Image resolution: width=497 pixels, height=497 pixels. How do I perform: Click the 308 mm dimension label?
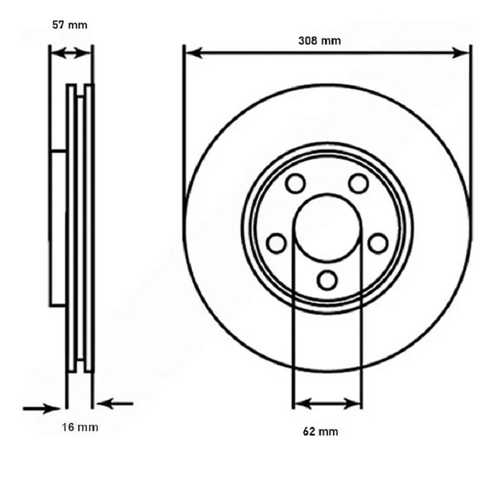pos(319,40)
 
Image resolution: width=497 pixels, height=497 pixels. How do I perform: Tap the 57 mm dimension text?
pos(70,25)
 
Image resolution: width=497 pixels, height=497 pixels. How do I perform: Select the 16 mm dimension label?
pos(80,427)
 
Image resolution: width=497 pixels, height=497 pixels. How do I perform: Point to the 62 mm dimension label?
pos(321,431)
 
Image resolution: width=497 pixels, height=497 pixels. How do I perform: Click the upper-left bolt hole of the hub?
pos(296,183)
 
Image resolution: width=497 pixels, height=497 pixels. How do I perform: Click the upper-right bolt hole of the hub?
pos(358,183)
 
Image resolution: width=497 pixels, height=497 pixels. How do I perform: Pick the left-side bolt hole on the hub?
pos(276,244)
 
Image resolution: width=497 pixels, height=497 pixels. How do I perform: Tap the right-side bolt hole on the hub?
pos(378,244)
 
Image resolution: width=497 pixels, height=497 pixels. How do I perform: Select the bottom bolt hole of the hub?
pos(327,280)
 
